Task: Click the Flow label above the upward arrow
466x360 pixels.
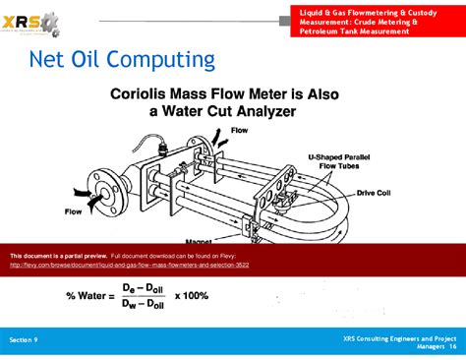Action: (239, 130)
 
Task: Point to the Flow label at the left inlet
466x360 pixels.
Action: (73, 210)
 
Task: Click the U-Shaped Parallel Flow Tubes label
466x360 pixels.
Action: (339, 161)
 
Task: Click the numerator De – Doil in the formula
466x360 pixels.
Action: (144, 287)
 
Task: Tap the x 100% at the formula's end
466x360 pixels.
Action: (191, 295)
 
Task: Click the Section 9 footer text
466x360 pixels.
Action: (24, 338)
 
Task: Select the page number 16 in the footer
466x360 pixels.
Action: (452, 346)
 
